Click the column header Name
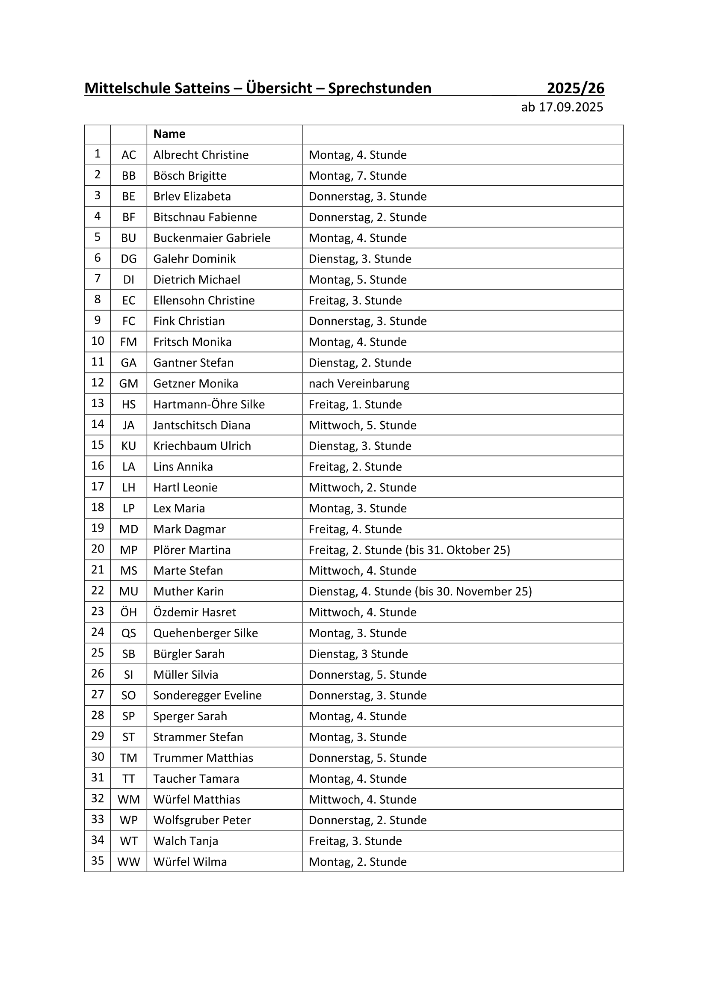(169, 134)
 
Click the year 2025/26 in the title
(575, 89)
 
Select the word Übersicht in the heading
(279, 89)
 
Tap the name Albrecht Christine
(201, 155)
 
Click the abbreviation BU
(128, 238)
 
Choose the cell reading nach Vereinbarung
(359, 384)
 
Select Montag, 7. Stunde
(358, 176)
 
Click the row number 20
(98, 549)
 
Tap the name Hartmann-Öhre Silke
(209, 405)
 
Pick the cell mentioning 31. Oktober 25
(409, 550)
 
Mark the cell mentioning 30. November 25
(420, 592)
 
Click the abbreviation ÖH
(128, 612)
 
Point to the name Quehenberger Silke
(205, 633)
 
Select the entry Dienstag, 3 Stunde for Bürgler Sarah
(358, 654)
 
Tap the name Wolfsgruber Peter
(202, 820)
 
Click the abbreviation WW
(128, 862)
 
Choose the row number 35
(98, 861)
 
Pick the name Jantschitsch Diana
(202, 426)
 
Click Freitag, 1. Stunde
(355, 405)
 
